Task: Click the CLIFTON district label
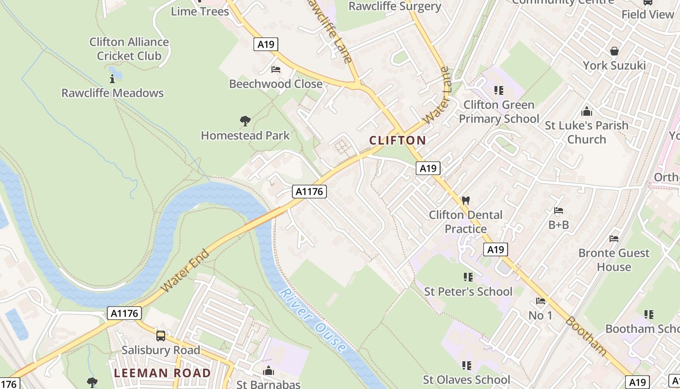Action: (x=397, y=141)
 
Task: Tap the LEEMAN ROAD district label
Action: (x=162, y=373)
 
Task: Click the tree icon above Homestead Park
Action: (x=245, y=121)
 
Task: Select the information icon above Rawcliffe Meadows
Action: (x=112, y=78)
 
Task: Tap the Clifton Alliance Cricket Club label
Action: (x=129, y=49)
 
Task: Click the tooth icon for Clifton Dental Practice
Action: (x=465, y=200)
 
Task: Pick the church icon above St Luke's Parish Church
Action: (x=586, y=111)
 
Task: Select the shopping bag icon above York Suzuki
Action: (x=614, y=51)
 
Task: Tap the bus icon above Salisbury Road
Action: (x=160, y=336)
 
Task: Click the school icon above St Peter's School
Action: (x=468, y=277)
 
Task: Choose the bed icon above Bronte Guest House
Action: (x=614, y=239)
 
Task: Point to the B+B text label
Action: (x=559, y=225)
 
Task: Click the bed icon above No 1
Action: (x=540, y=301)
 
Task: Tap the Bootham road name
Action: (x=586, y=336)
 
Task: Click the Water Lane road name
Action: (x=437, y=96)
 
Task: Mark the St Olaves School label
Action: (x=466, y=380)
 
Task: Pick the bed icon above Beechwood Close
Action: (x=276, y=70)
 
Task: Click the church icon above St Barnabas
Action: (x=268, y=371)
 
